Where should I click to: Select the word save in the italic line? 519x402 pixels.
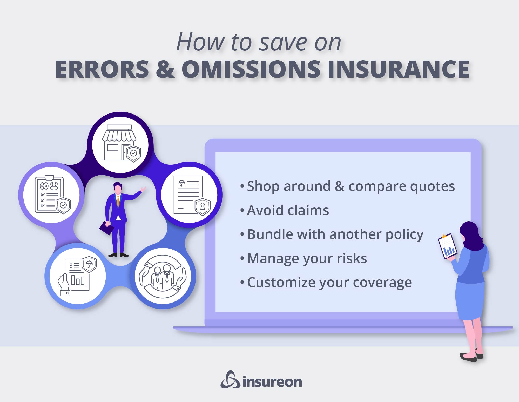[x=283, y=42]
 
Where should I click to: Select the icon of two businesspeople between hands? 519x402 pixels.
[x=163, y=276]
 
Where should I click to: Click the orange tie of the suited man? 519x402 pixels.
[x=118, y=201]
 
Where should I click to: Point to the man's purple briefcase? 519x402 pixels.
[x=106, y=228]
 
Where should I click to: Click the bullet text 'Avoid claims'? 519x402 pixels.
[x=288, y=210]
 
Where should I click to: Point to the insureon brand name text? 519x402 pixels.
[x=272, y=382]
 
